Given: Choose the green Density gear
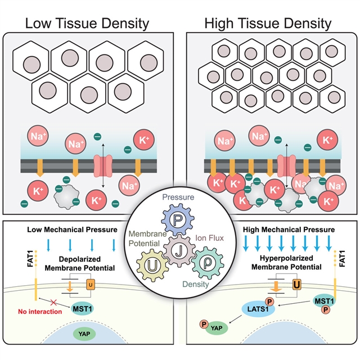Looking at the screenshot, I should [207, 264].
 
